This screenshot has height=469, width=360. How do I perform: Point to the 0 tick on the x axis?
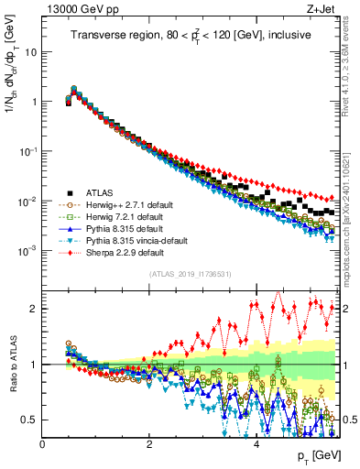tap(42, 444)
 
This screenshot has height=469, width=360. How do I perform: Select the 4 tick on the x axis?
tap(256, 444)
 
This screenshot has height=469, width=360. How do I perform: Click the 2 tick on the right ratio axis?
tap(346, 309)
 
